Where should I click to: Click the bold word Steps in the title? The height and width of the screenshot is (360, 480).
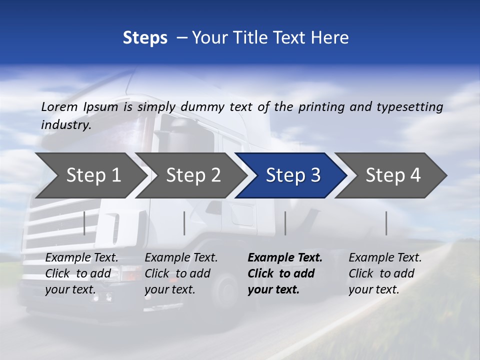145,38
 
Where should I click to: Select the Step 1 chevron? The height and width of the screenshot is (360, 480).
90,175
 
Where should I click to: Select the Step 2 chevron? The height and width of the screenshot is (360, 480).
192,175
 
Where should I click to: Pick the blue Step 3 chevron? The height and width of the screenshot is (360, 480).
292,175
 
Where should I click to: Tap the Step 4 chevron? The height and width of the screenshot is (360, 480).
392,175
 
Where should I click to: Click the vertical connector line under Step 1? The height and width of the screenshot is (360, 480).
84,223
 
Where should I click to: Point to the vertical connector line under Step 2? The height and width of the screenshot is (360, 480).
184,223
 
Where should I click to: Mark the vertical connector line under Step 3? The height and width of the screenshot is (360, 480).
285,223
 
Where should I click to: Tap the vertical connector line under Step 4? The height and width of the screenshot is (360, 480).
386,223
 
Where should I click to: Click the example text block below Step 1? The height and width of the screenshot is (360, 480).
81,273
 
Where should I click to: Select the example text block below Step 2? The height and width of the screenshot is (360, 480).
181,273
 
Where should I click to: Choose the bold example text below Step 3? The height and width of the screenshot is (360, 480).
285,273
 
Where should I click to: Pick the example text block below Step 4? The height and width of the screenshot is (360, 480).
385,273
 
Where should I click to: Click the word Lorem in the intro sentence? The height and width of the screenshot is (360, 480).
59,107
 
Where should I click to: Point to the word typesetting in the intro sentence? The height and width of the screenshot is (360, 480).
409,107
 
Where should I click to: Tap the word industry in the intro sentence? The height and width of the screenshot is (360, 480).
65,125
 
